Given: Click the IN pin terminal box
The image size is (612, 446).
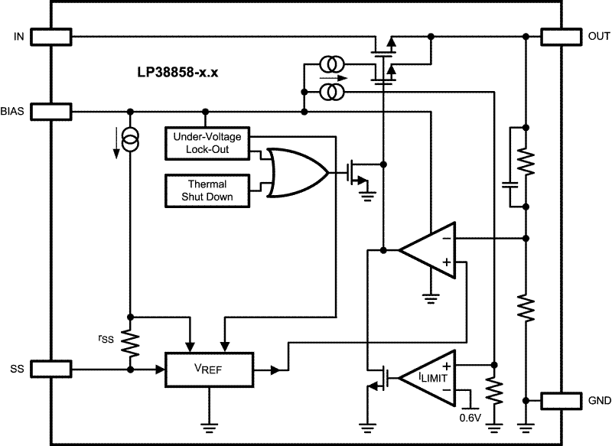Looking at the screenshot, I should tap(50, 36).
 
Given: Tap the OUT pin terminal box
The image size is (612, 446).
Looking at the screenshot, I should tap(562, 36).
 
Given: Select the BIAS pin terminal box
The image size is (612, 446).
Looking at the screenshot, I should tap(50, 112).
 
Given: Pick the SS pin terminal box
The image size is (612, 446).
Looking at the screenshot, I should tap(50, 369).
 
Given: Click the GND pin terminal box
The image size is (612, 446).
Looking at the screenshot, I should tap(562, 400).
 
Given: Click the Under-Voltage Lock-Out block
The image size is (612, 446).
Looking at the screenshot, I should tap(208, 143).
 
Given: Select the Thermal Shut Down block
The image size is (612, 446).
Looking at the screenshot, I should tap(208, 190).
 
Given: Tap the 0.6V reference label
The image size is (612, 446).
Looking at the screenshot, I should tap(470, 417).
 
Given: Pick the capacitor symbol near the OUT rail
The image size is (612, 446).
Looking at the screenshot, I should tap(509, 184).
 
